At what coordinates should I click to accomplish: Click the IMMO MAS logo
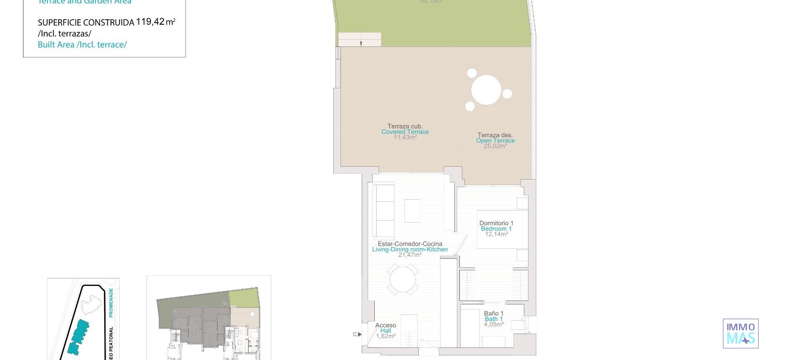740,333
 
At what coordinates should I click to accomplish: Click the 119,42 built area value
150,22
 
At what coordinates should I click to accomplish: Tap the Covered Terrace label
405,132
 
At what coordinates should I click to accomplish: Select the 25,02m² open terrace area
495,146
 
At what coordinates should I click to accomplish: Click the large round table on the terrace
486,90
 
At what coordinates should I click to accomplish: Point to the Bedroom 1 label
496,229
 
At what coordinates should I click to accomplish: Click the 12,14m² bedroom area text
496,234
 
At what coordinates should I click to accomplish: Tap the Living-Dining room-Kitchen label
410,249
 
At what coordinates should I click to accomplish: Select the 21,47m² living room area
410,255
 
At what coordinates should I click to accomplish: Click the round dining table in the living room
402,279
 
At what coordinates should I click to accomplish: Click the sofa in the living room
384,211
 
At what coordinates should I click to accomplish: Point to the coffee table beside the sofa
412,211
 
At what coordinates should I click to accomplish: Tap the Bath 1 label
494,319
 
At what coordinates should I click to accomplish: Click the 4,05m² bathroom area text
494,324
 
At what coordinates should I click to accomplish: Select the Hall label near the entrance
386,331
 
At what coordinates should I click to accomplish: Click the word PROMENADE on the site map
111,302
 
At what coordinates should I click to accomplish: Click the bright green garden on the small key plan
244,298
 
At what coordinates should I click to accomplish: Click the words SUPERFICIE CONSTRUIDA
86,23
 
